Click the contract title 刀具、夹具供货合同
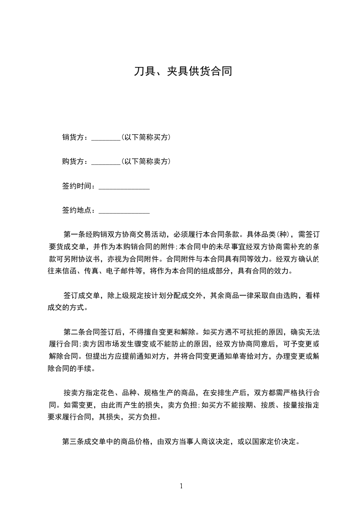[x=183, y=71]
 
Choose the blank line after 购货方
[x=105, y=163]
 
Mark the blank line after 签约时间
[x=124, y=188]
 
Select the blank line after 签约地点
[x=124, y=212]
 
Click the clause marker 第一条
[x=75, y=235]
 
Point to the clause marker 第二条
[x=75, y=331]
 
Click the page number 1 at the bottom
[x=181, y=486]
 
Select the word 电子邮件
[x=119, y=271]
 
